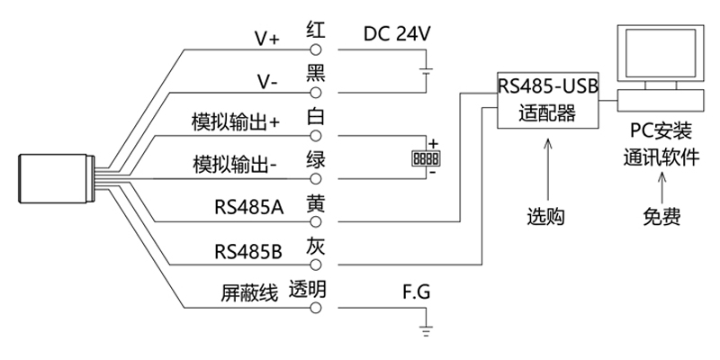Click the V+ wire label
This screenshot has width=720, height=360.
(267, 39)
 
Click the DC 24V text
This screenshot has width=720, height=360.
(398, 34)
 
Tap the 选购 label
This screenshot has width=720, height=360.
(547, 217)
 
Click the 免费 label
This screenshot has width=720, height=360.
(661, 217)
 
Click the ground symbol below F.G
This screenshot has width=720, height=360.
(427, 326)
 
